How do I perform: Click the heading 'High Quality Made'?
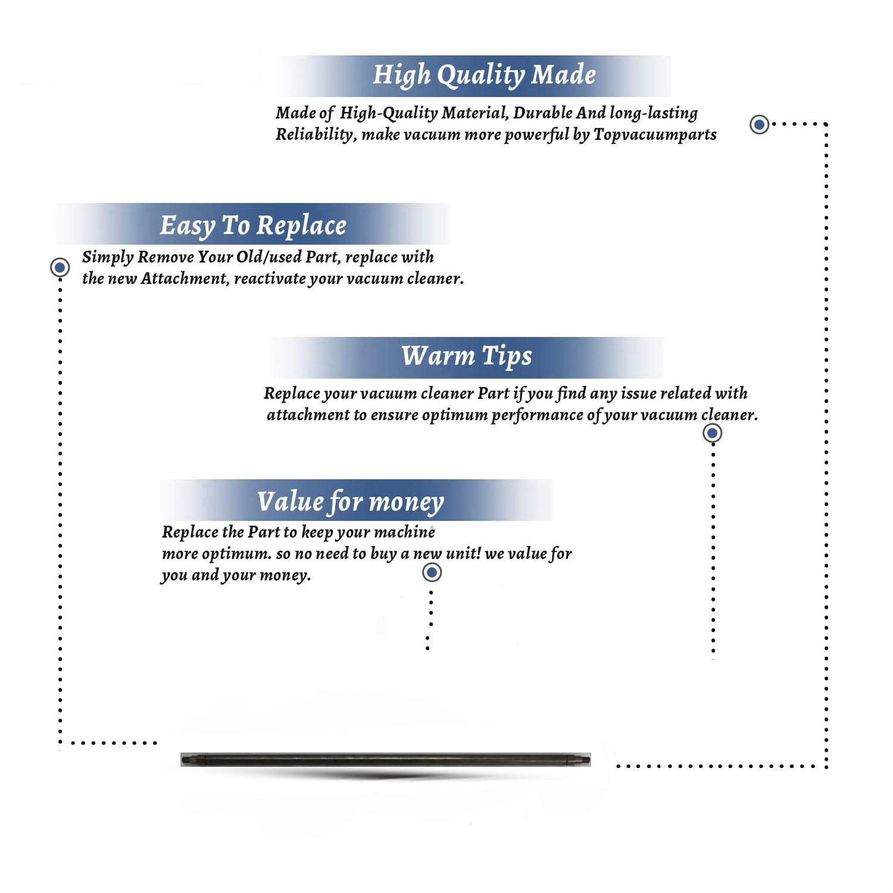[x=484, y=76]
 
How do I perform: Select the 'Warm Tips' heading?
[x=466, y=357]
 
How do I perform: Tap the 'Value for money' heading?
[x=350, y=502]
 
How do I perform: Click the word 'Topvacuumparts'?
[x=655, y=135]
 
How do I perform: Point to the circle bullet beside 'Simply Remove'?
[x=60, y=267]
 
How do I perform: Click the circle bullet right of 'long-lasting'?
[x=759, y=124]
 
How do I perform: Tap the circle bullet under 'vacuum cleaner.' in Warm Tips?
[x=713, y=433]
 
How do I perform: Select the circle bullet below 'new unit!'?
[x=432, y=573]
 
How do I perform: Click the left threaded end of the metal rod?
[x=188, y=759]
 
